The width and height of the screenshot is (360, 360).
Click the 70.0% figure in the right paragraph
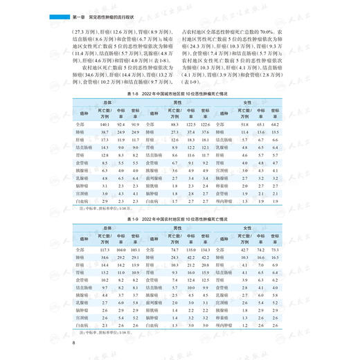pos(271,31)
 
